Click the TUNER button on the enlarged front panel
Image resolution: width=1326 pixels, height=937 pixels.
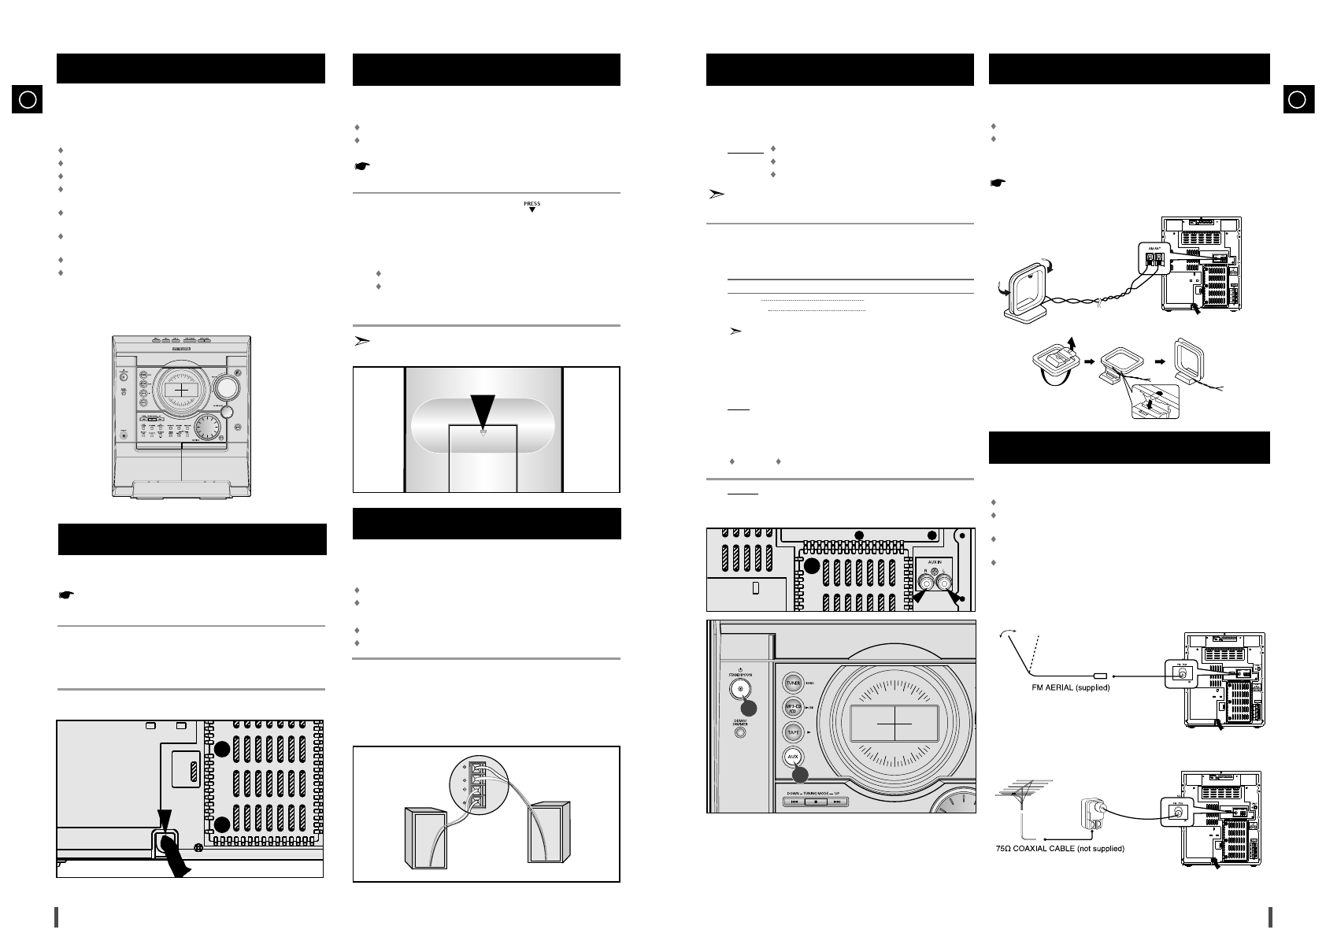(793, 683)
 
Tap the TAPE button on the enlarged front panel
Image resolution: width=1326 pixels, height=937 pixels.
(793, 732)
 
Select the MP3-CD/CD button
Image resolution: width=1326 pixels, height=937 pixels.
(793, 708)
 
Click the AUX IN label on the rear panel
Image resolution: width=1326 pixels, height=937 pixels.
(934, 561)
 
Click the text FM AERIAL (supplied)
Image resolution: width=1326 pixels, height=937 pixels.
(1072, 688)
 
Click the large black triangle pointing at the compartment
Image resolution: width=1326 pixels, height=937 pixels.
(483, 408)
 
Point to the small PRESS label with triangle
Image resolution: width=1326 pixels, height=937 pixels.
(532, 207)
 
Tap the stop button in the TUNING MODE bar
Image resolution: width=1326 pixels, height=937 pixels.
(817, 802)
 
